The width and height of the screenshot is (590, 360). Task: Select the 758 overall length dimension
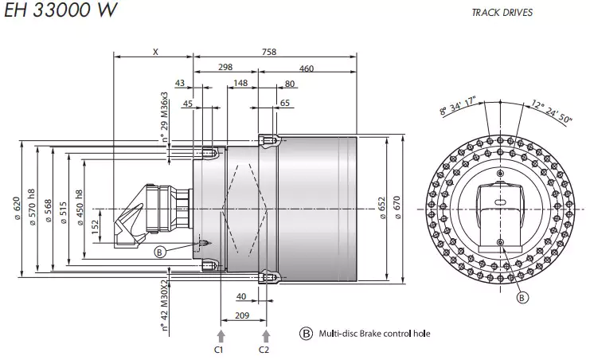268,52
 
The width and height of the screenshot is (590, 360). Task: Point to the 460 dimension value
307,68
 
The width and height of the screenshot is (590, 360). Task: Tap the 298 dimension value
225,68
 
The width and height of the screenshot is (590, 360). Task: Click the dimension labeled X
154,52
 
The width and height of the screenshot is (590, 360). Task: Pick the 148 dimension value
240,83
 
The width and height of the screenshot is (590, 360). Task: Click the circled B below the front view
522,298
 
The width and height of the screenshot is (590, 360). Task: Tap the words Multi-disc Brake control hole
374,333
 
